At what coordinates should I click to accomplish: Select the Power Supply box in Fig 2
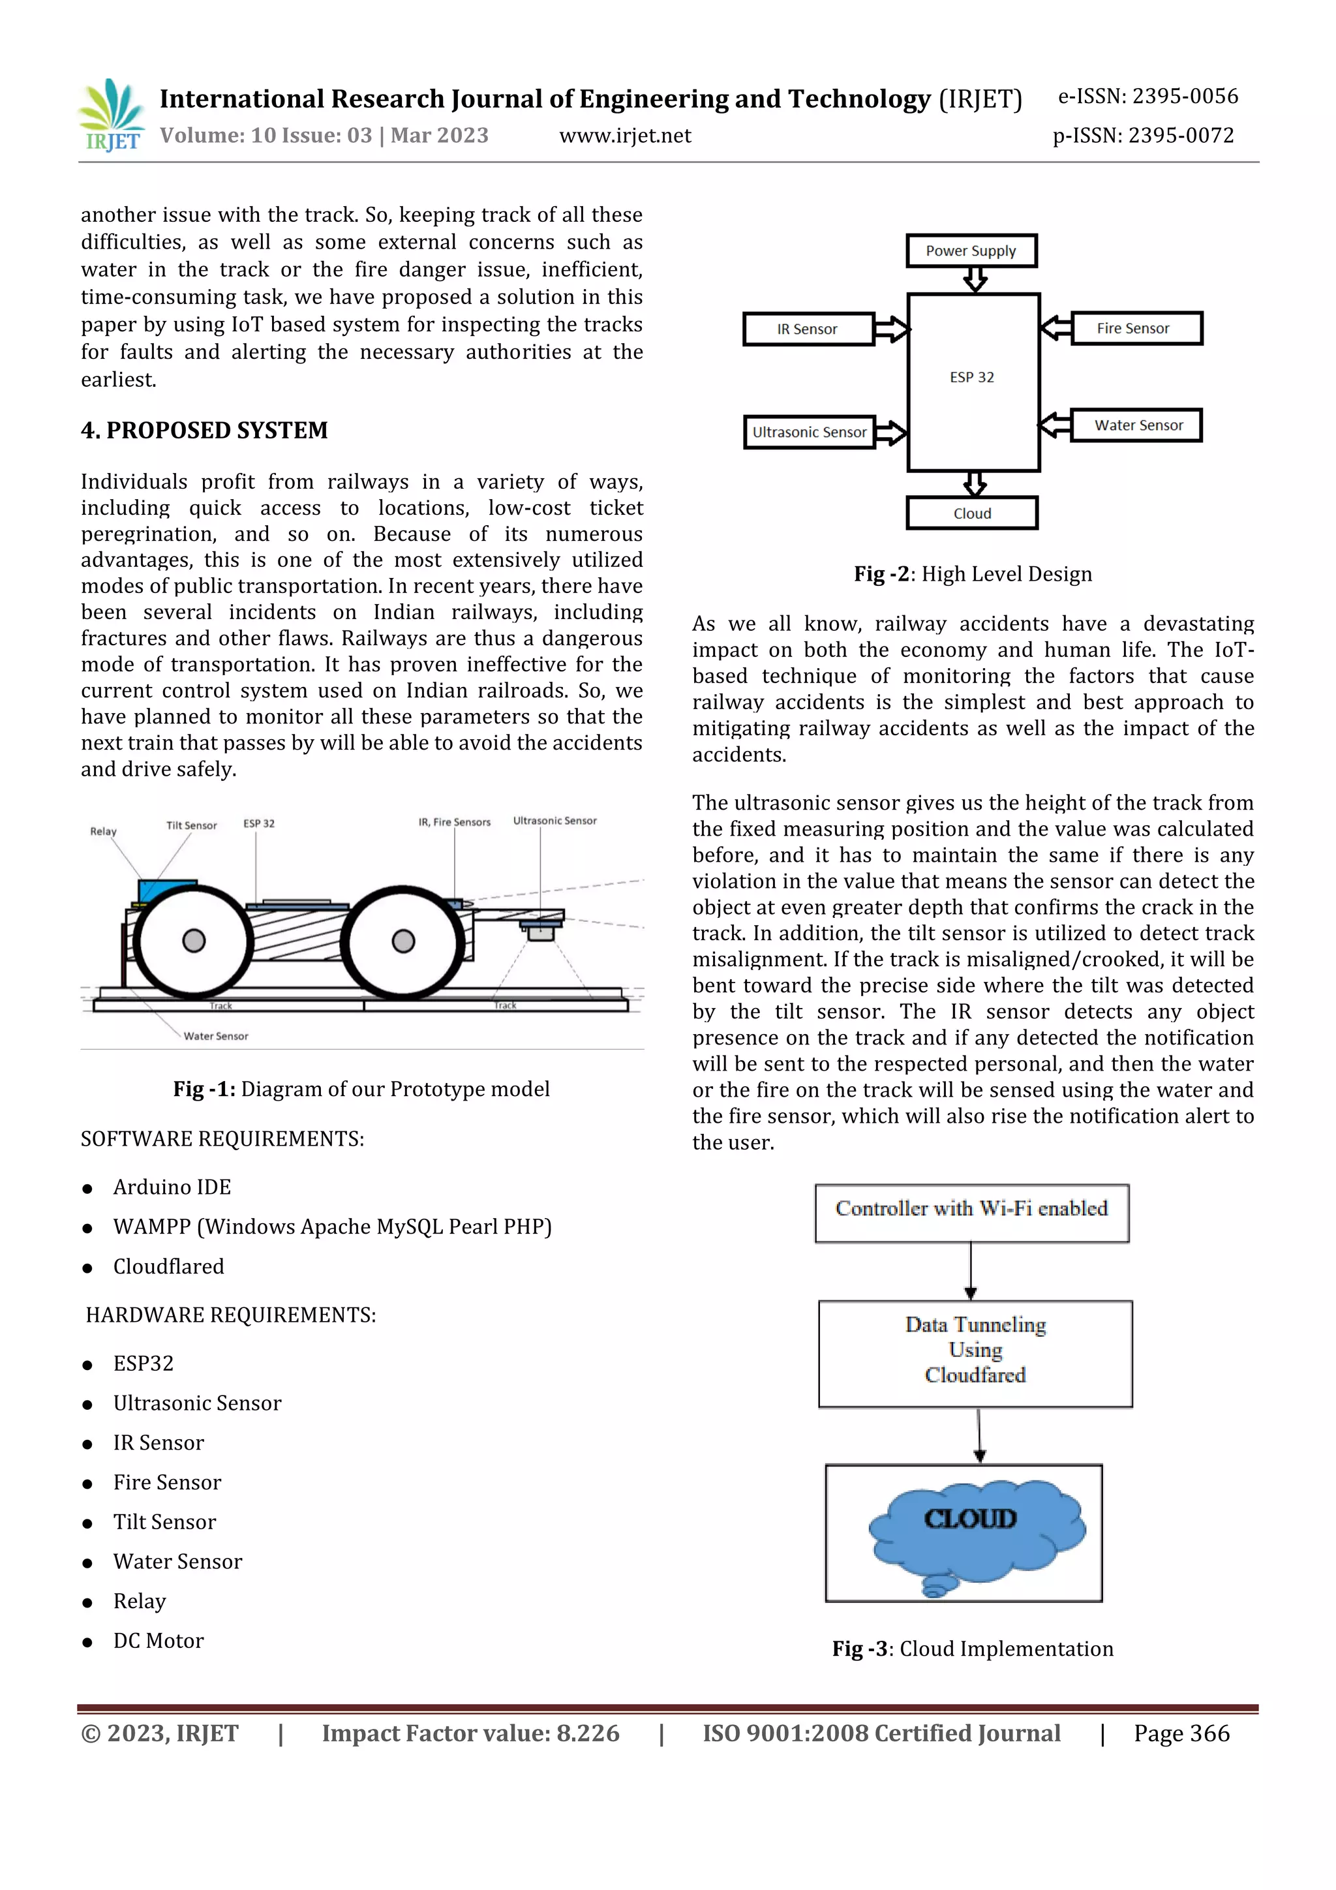tap(971, 251)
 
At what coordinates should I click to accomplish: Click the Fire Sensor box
tap(1135, 328)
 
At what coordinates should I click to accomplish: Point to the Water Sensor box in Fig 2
tap(1136, 425)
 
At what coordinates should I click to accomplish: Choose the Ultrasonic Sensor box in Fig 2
tap(808, 432)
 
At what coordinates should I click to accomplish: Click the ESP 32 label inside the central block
tap(972, 377)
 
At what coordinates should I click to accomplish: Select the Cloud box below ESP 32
tap(972, 513)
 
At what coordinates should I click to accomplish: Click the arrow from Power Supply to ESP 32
tap(975, 280)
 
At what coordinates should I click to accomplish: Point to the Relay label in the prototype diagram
tap(104, 831)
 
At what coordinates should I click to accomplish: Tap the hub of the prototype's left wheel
tap(194, 940)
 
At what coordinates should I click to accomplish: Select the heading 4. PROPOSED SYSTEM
tap(204, 431)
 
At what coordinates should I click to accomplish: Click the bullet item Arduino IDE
tap(172, 1187)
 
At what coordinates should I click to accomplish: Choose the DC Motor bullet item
tap(158, 1641)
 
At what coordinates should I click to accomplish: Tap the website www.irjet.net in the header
tap(625, 136)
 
